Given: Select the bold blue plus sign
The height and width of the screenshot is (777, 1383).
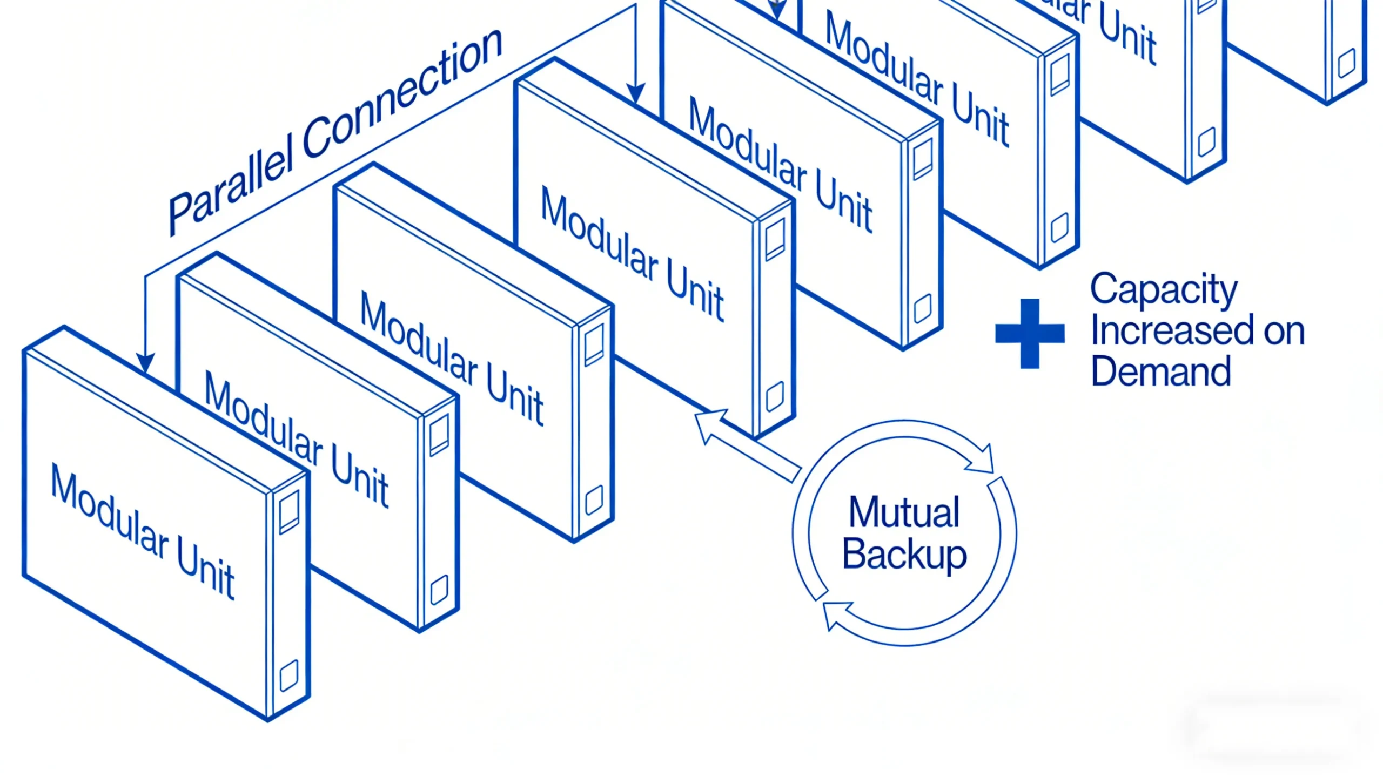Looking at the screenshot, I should [1030, 333].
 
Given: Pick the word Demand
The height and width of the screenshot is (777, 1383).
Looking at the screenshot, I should [1160, 371].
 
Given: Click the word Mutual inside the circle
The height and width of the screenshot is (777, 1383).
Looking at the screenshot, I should [904, 512].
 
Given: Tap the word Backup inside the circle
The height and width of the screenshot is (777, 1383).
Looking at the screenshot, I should [904, 554].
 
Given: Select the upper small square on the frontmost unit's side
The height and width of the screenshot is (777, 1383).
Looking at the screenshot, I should [289, 511].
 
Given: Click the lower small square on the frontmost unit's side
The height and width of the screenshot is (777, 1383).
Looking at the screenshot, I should [288, 675].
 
